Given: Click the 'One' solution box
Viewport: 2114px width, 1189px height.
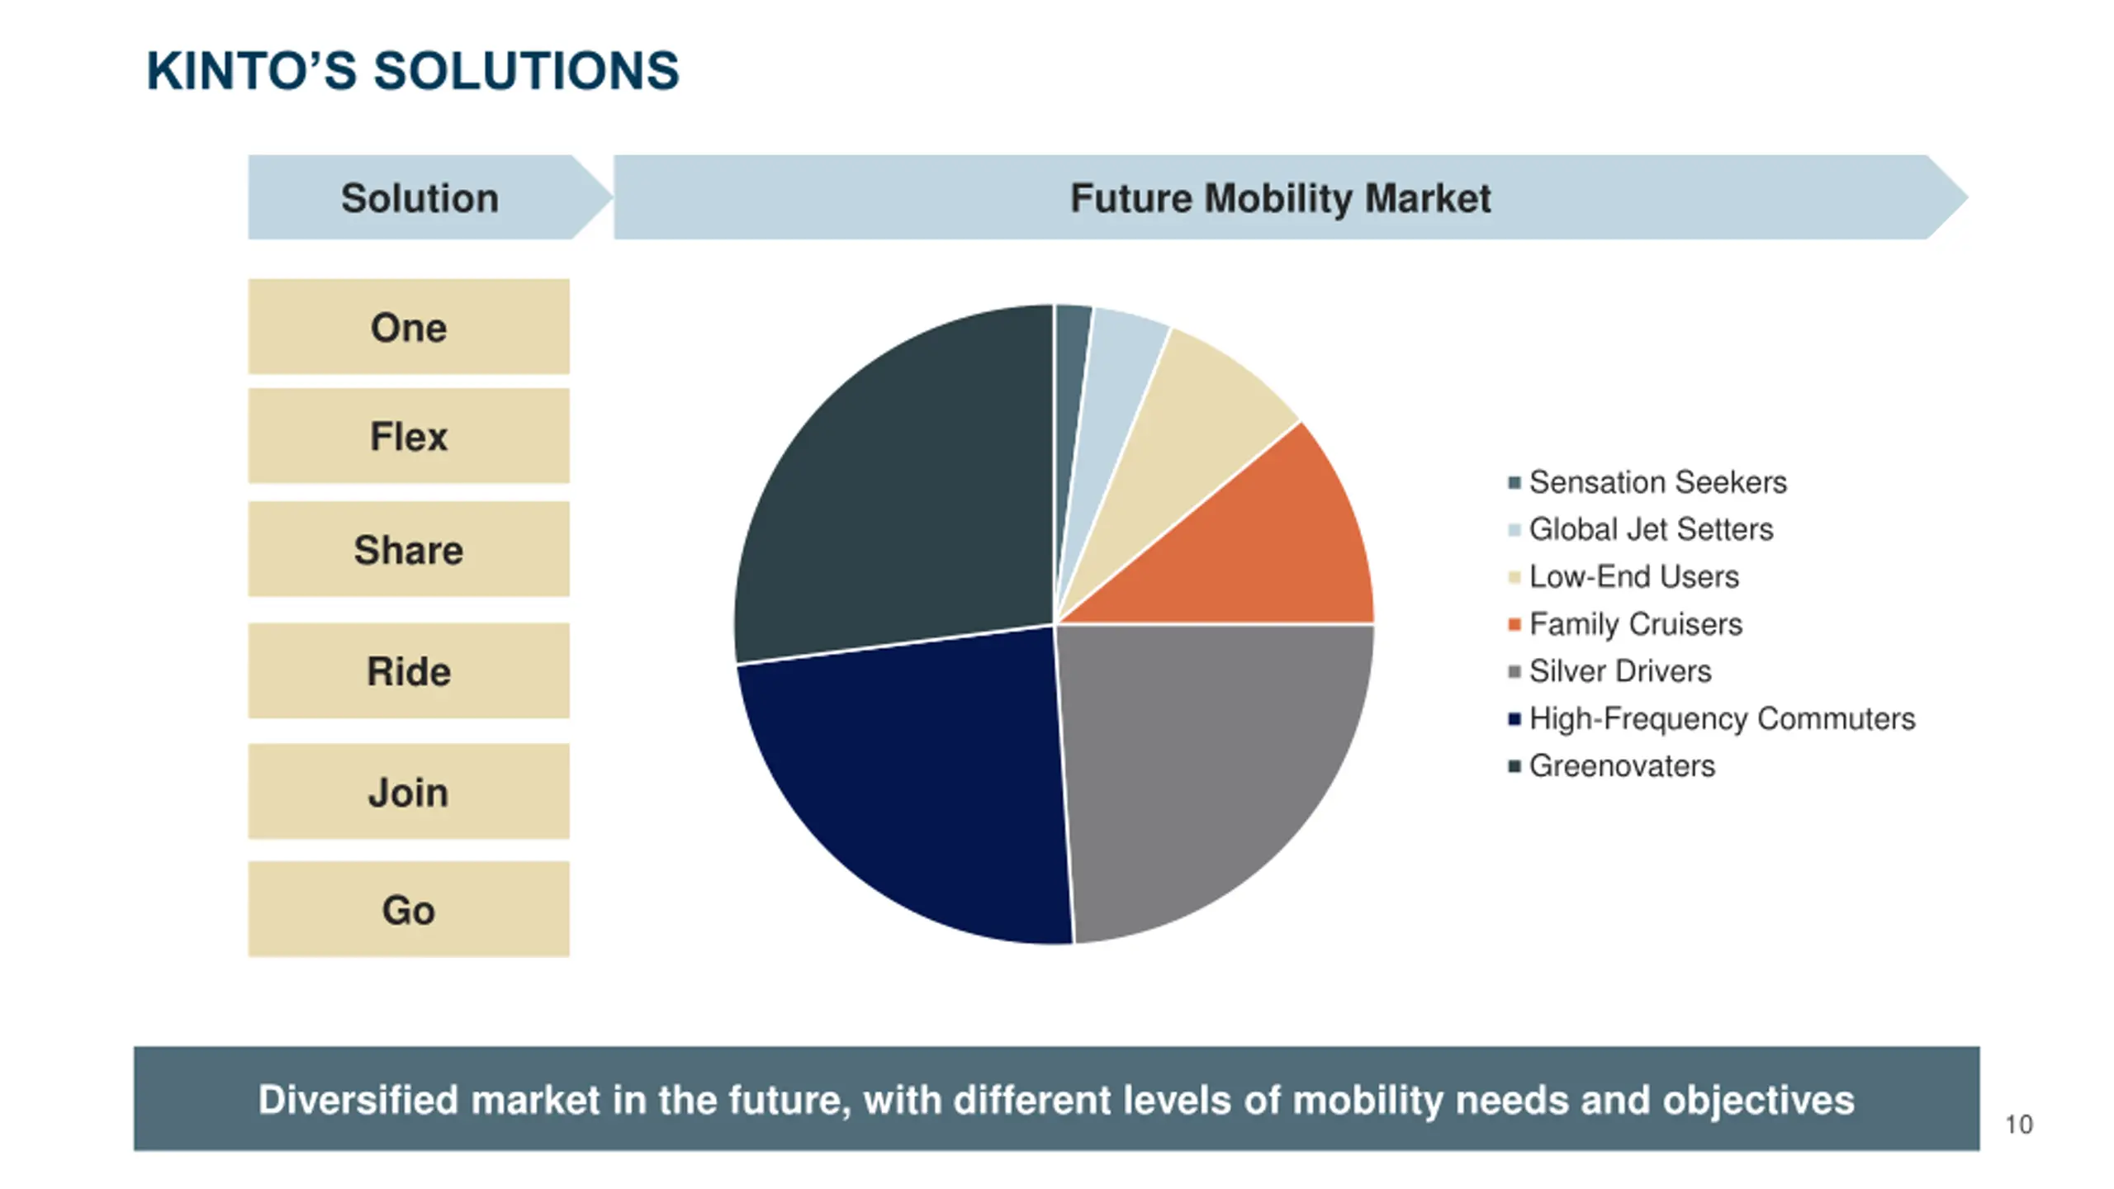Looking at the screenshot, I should tap(408, 327).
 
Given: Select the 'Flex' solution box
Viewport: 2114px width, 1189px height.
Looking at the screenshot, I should tap(408, 436).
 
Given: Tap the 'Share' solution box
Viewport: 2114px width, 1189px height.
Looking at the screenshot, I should tap(408, 549).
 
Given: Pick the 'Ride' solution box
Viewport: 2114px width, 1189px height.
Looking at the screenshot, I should tap(408, 670).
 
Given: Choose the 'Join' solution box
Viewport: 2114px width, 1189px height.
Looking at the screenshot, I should tap(408, 792).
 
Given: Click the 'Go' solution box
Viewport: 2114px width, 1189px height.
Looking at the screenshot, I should tap(408, 909).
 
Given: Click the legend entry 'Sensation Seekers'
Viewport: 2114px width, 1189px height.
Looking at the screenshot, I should tap(1657, 482).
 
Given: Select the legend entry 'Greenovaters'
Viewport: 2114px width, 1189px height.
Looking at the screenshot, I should tap(1621, 766).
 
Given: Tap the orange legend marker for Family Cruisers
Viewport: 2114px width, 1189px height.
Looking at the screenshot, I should tap(1514, 624).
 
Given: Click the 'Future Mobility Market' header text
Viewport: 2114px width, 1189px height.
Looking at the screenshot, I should tap(1280, 198).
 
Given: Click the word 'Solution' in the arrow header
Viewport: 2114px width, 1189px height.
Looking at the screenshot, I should tap(419, 198).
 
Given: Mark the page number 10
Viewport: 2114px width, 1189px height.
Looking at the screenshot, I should tap(2019, 1125).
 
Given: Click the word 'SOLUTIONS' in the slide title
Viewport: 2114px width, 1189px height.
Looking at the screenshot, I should tap(526, 71).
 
